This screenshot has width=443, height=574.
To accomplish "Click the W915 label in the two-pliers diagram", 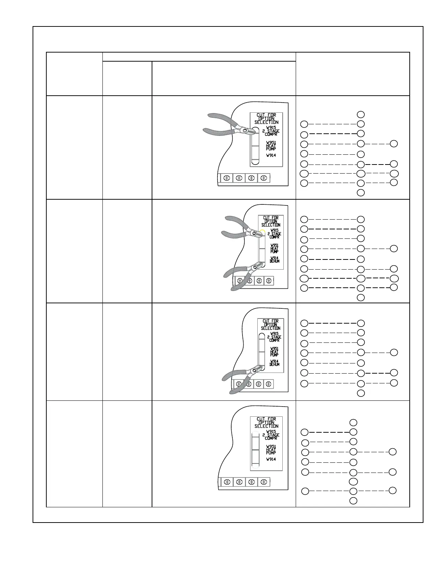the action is (274, 230).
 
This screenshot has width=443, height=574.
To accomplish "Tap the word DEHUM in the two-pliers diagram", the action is (274, 261).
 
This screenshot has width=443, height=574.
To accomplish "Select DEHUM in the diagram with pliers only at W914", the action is (274, 364).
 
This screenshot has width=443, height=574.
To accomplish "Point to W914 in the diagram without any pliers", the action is (271, 459).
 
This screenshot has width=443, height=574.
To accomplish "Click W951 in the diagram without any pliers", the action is (271, 447).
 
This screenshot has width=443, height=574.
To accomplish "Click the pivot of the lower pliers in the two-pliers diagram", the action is (255, 267).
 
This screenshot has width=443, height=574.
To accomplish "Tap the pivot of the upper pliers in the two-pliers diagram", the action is (255, 234).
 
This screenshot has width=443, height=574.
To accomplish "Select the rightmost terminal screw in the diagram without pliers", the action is (264, 482).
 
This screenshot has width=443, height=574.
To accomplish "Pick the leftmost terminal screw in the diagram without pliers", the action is (227, 482).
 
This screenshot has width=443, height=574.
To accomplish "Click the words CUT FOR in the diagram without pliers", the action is (266, 419).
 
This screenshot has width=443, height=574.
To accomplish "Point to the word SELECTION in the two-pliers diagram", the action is (271, 225).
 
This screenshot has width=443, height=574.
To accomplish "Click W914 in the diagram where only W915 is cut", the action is (271, 155).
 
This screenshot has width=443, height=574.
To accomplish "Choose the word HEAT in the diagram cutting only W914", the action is (274, 352).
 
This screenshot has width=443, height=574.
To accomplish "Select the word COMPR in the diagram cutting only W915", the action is (271, 134).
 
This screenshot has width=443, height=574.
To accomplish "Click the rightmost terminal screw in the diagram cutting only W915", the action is (264, 178).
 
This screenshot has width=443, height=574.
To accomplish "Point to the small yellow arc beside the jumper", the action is (262, 231).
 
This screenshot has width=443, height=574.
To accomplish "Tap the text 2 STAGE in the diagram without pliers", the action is (271, 435).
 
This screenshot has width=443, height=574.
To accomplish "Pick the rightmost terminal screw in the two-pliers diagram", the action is (269, 280).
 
